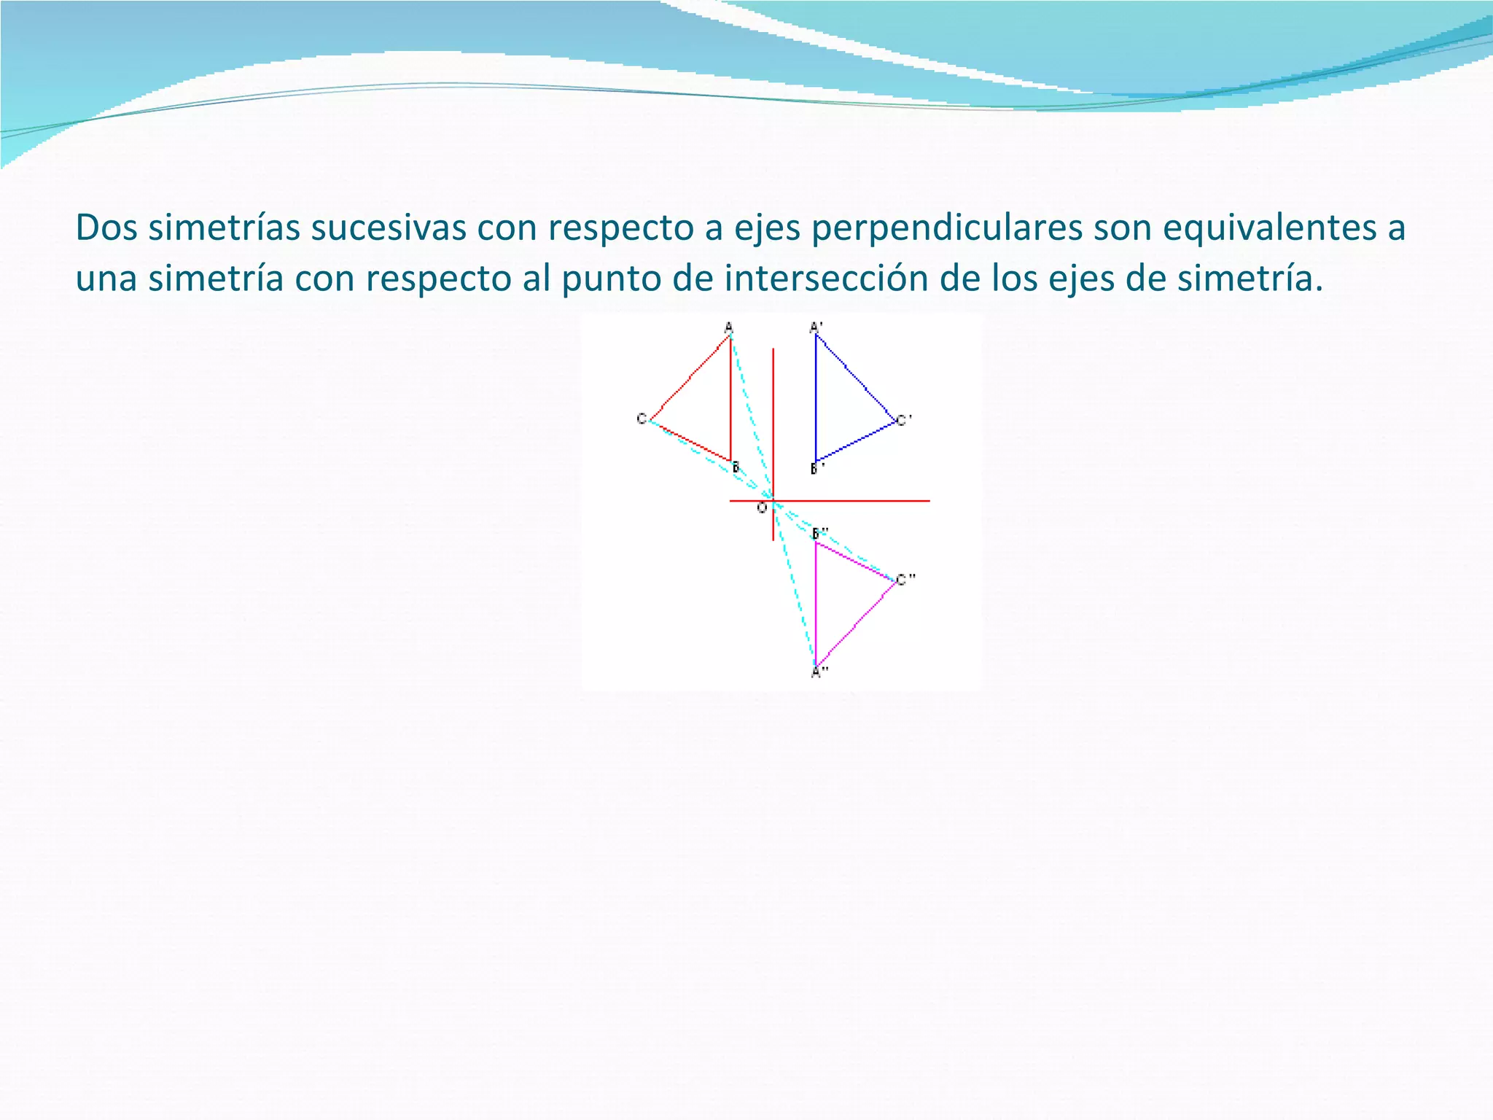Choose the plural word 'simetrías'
pos(225,227)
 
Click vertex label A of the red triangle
pos(728,327)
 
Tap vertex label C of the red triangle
pos(642,419)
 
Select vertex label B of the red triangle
pos(736,467)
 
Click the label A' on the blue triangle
pos(816,327)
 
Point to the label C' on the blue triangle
pos(904,420)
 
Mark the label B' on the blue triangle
pos(817,468)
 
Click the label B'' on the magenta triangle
pos(820,533)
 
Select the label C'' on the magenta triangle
pos(905,580)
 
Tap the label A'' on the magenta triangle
pos(819,672)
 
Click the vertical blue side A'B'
pos(816,397)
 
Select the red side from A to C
pos(690,378)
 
